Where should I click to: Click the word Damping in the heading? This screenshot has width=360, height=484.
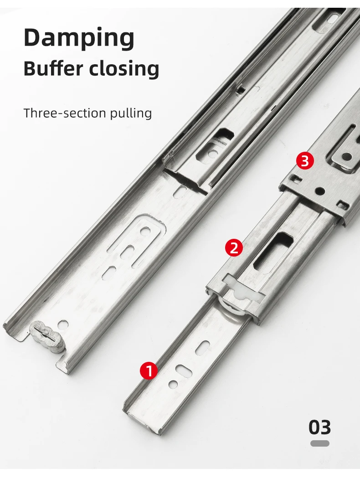(79, 38)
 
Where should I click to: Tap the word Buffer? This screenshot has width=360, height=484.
(53, 68)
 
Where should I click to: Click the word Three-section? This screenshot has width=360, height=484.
(65, 113)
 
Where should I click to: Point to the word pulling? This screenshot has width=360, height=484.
(131, 113)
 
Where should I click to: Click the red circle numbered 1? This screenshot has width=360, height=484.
(149, 371)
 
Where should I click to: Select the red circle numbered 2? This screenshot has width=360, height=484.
(234, 248)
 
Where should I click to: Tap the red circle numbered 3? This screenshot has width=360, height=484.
(305, 161)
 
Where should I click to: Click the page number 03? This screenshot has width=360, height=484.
(319, 427)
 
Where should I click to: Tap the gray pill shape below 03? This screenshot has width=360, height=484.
(319, 443)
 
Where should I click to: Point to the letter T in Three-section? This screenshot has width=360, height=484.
(27, 113)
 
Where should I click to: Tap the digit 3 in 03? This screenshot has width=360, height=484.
(325, 427)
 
